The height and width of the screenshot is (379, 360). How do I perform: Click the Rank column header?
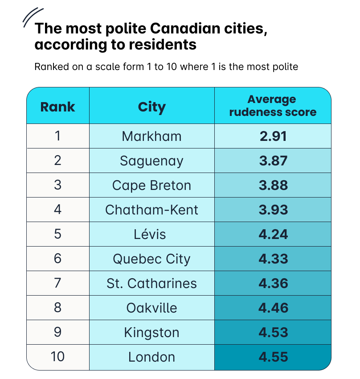point(57,107)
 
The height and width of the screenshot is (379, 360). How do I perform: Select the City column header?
point(151,107)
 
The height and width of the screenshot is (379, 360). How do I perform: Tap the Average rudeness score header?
point(273,106)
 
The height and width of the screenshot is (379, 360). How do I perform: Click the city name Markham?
point(151,136)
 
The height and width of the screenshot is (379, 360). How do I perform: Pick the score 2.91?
point(273,136)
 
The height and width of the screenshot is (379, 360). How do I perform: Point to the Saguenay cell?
point(151,161)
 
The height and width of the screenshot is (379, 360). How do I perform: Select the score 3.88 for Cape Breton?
point(273,185)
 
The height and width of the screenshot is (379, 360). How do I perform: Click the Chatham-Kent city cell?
point(151,210)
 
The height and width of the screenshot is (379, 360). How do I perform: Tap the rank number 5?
point(57,234)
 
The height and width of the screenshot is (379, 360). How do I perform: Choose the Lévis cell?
point(151,234)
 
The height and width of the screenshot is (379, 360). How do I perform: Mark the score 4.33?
point(273,259)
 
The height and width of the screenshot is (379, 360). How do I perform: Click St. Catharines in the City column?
point(151,283)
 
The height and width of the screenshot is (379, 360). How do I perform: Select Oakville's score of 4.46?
point(273,308)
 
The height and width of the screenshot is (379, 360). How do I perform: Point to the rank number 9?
point(57,332)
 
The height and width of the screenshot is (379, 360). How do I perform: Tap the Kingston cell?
point(151,332)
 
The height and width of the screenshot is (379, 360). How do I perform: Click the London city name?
point(151,357)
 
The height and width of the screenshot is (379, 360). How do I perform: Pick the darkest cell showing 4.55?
point(273,357)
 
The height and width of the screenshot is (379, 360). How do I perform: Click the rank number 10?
point(57,357)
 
